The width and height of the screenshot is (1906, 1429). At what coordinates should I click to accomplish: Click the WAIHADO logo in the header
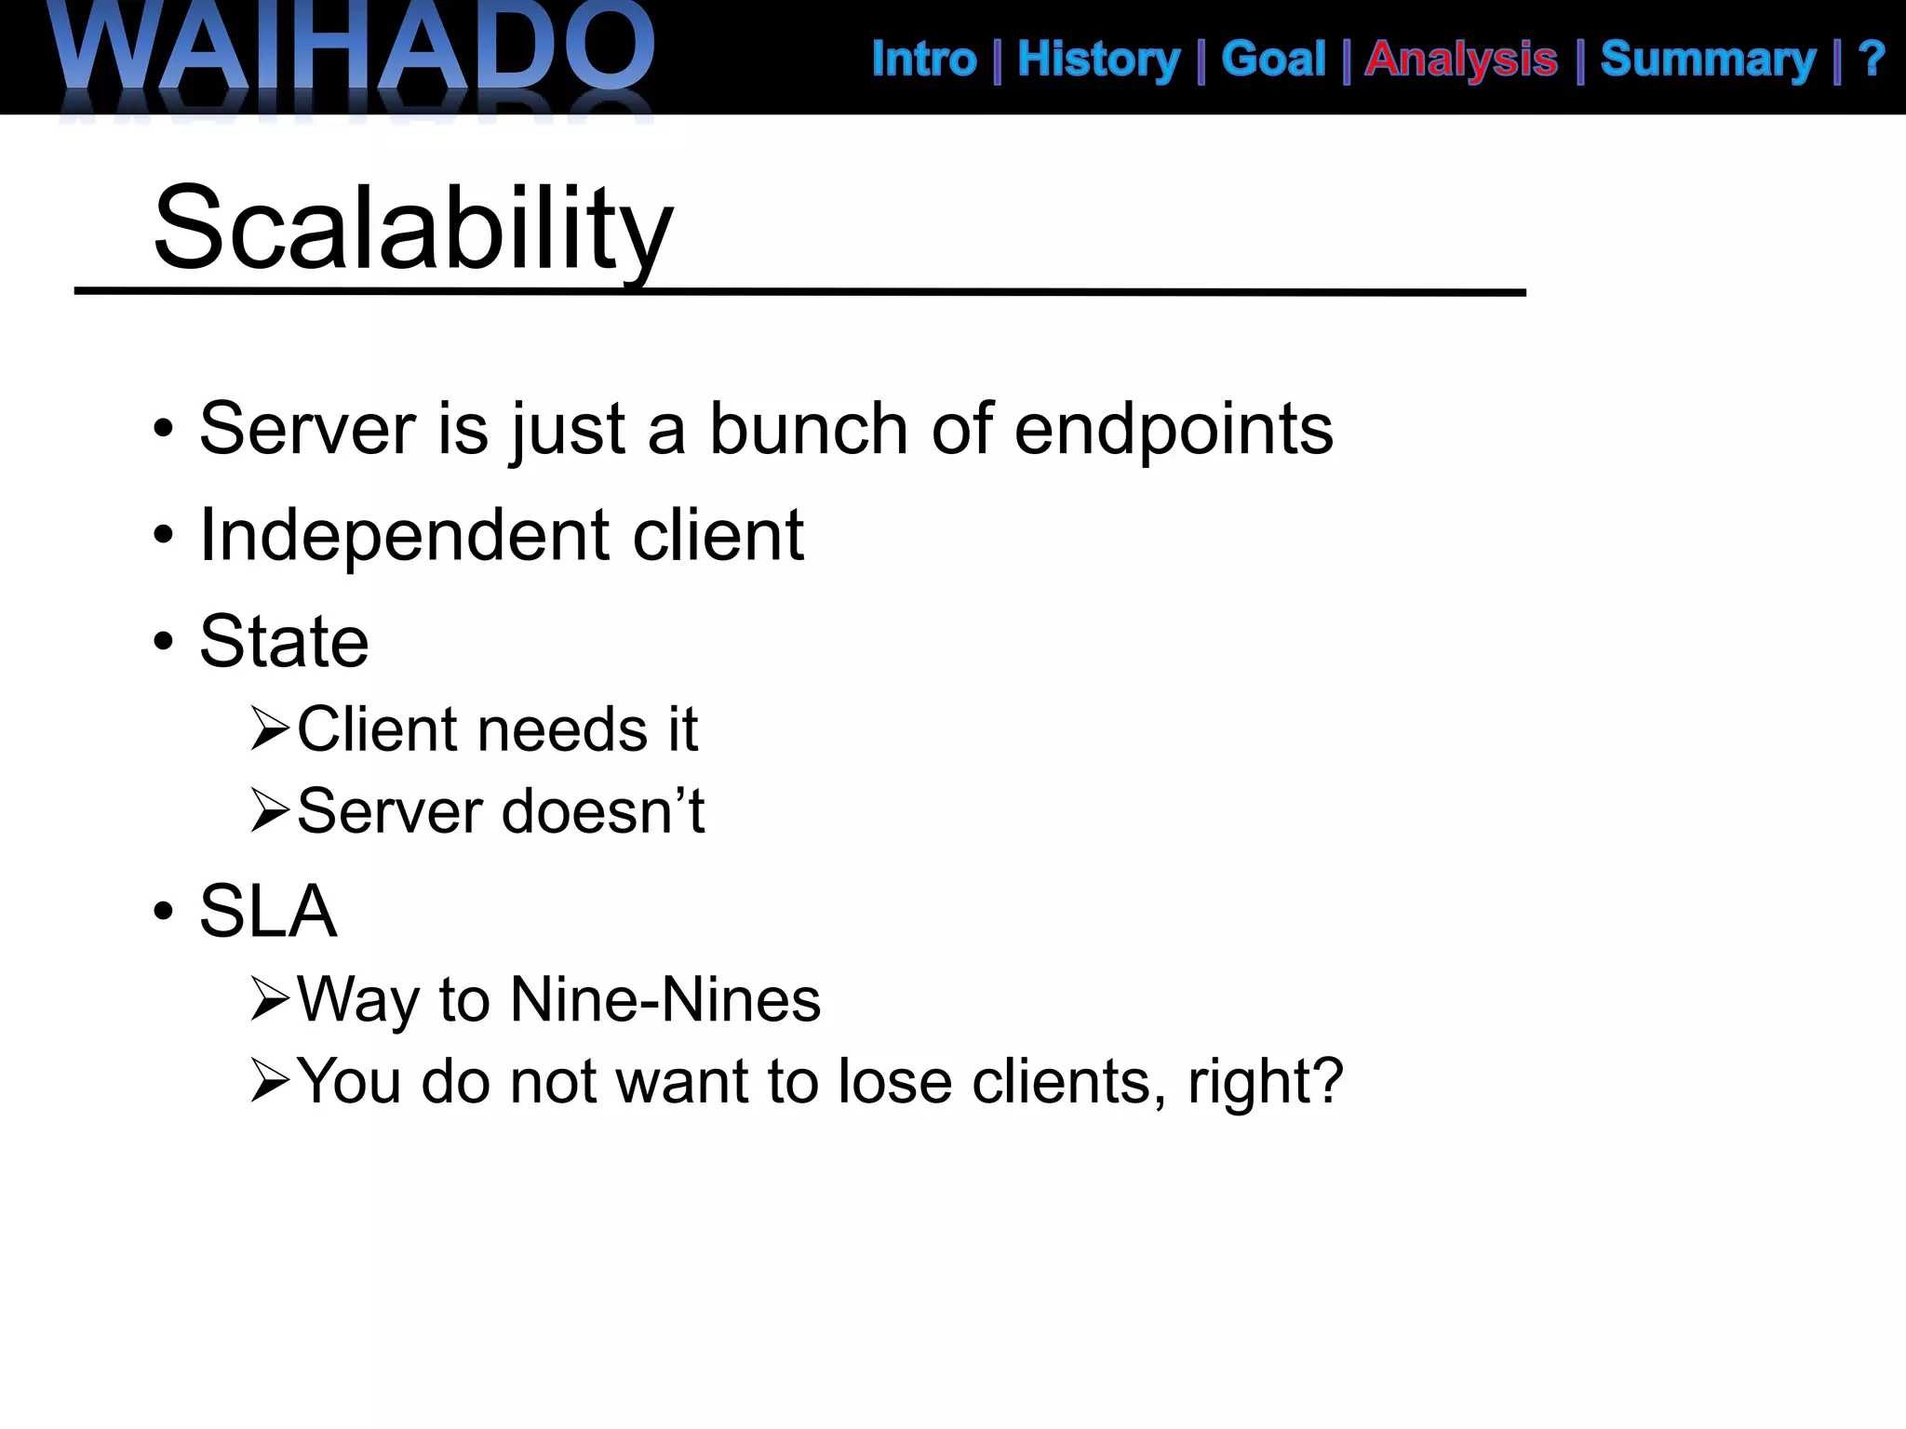click(354, 51)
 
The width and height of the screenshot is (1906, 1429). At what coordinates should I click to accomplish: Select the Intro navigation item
click(923, 60)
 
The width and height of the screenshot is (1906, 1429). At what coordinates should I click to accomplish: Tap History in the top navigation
click(1098, 60)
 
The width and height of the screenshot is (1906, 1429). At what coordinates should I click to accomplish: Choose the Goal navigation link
click(1273, 60)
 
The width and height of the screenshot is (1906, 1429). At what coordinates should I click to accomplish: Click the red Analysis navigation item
click(1461, 60)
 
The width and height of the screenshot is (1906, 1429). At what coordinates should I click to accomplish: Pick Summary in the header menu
click(1708, 60)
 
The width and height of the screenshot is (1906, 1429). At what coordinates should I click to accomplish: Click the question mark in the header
click(1871, 60)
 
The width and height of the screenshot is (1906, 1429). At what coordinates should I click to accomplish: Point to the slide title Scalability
click(412, 228)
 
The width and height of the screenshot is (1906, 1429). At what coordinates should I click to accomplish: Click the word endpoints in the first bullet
click(1173, 430)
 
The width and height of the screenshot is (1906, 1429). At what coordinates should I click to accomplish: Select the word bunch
click(808, 430)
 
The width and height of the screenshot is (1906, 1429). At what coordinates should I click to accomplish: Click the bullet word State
click(284, 642)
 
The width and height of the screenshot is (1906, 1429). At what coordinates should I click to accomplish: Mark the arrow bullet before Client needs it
click(271, 728)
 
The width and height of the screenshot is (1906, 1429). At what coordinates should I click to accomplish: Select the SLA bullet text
click(268, 911)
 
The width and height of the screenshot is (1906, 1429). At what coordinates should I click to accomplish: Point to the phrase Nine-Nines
click(665, 1000)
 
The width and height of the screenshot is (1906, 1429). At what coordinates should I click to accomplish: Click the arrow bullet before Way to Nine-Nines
click(271, 999)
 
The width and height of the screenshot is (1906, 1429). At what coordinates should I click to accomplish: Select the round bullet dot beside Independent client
click(164, 536)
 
